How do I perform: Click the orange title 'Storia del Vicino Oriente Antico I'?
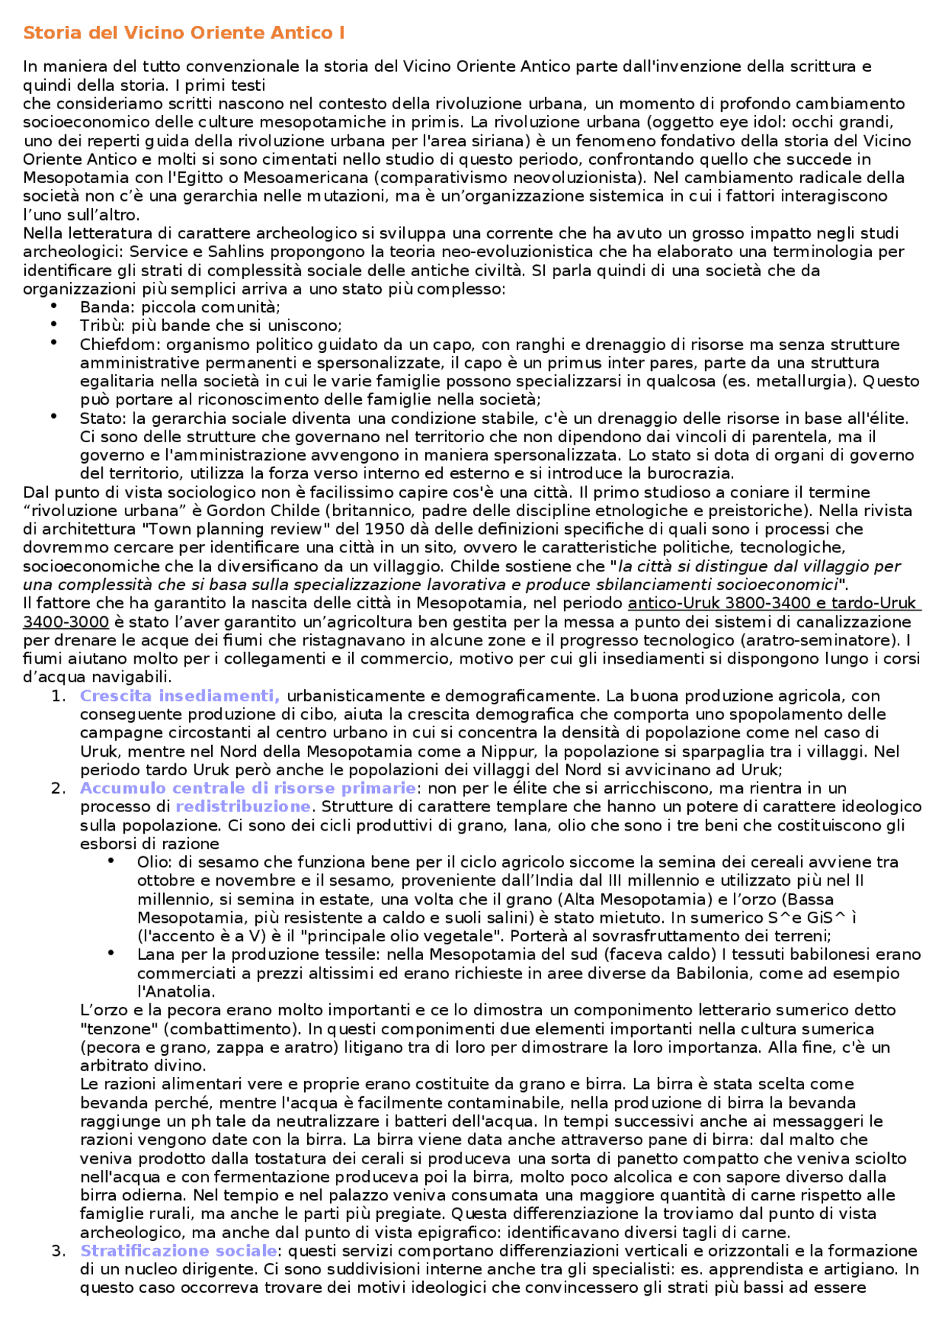click(184, 33)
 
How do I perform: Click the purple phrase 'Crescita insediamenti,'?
click(179, 695)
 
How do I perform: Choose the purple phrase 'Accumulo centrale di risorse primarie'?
click(248, 788)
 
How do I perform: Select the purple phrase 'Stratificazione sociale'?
click(179, 1251)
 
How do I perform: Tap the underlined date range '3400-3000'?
click(66, 622)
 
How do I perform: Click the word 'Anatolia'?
click(177, 991)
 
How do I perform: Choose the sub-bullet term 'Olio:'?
click(155, 862)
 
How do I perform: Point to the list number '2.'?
click(59, 788)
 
